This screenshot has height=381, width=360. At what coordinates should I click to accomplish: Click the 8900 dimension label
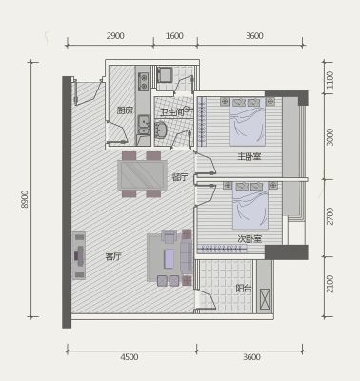24,199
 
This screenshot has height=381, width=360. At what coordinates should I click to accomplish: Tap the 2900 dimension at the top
115,36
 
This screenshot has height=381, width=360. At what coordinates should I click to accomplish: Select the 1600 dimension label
174,36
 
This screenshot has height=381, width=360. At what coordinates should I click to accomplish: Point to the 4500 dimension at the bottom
130,357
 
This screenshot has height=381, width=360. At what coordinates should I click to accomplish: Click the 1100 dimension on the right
330,80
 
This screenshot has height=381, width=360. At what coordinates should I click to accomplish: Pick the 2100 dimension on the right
330,284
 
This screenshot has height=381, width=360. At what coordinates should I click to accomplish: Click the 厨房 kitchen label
125,110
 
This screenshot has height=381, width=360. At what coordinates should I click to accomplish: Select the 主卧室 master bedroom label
250,156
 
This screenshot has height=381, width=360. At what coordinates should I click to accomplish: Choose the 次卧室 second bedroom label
250,238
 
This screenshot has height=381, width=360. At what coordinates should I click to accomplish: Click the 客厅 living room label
113,256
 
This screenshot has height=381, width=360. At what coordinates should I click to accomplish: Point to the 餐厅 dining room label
180,177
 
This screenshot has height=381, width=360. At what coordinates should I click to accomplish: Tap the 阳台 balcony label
244,289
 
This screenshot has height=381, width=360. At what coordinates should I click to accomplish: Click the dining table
142,175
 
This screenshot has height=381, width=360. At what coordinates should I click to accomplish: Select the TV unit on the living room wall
79,255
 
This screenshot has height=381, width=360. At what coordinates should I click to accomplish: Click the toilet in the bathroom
161,130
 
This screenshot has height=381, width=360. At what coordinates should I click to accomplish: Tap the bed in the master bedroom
247,122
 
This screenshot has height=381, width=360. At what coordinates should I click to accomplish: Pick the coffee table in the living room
170,258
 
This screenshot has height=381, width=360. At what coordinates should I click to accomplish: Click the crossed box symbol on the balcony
265,299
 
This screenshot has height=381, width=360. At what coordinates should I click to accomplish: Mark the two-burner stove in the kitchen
144,82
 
